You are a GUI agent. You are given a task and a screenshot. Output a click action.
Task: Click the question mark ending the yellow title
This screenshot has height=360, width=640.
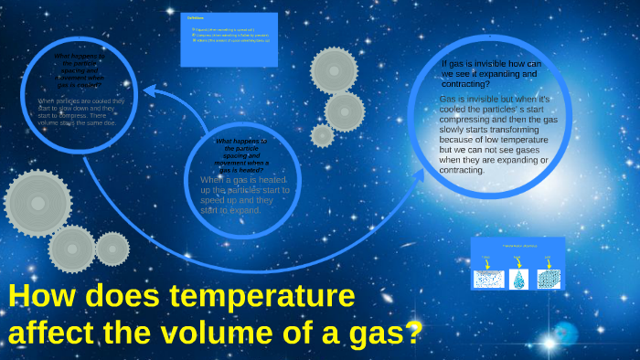pyautogui.click(x=413, y=330)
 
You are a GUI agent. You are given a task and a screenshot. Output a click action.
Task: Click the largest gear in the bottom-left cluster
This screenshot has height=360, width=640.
pyautogui.click(x=37, y=202)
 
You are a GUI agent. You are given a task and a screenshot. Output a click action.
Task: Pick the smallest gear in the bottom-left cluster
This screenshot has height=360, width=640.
pyautogui.click(x=112, y=249)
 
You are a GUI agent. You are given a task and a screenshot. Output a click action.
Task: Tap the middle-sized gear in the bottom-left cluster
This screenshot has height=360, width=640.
pyautogui.click(x=72, y=249)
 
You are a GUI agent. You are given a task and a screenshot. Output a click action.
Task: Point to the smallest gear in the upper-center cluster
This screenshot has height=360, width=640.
pyautogui.click(x=323, y=135)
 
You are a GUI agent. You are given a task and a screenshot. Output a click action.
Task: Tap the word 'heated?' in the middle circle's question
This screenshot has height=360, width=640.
pyautogui.click(x=242, y=171)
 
